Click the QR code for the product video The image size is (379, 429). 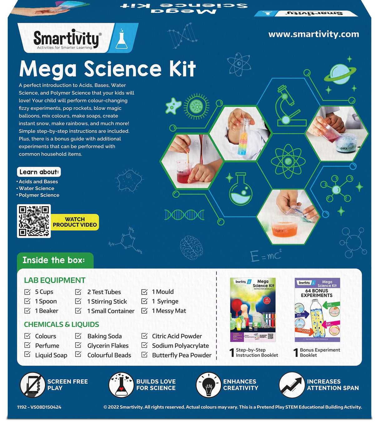(34, 221)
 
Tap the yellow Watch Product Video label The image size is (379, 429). (75, 222)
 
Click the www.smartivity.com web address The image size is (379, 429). (313, 34)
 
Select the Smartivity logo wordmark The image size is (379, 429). (66, 39)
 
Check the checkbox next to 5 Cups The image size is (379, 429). (27, 292)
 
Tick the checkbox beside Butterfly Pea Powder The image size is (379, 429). (144, 355)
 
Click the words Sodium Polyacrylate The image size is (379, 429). (180, 346)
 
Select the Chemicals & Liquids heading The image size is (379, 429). (62, 324)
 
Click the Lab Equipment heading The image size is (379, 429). (55, 280)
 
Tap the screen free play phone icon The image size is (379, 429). (32, 385)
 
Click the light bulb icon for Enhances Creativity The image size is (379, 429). (208, 385)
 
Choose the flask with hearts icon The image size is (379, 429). (121, 385)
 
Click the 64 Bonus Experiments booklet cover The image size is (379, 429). (317, 310)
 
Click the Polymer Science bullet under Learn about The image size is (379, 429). (39, 195)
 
